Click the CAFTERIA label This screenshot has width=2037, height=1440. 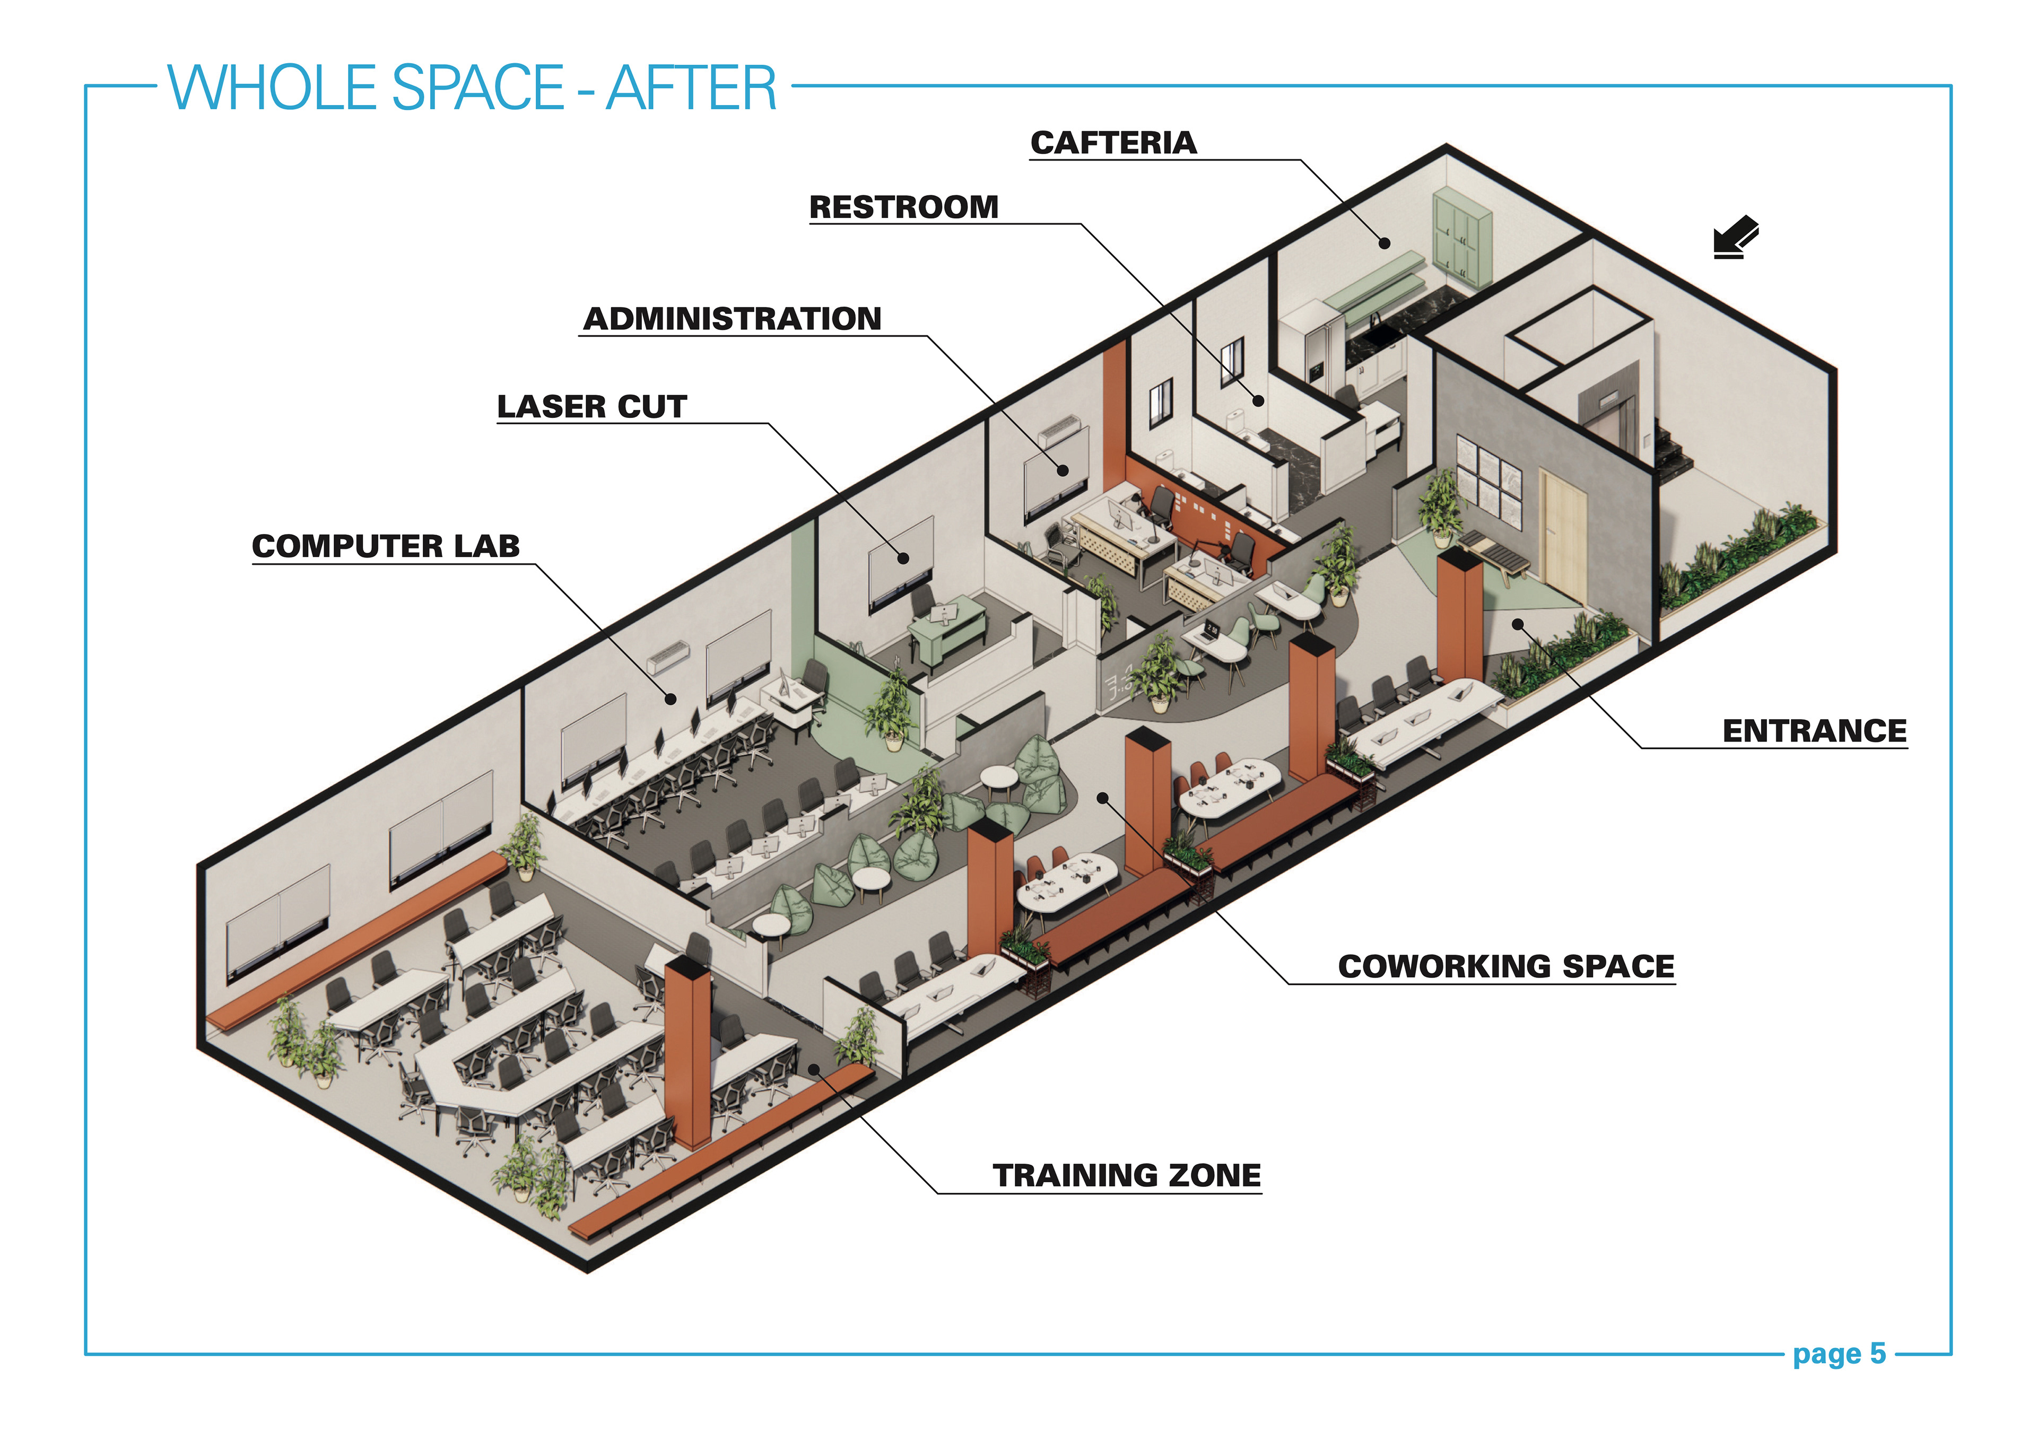pos(1113,143)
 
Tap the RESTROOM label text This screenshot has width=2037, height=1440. pos(904,207)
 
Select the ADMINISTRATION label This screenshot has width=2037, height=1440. pos(733,319)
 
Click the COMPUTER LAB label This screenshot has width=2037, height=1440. pos(386,546)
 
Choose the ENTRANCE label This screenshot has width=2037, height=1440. pos(1814,731)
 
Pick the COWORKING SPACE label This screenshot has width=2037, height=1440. pos(1505,966)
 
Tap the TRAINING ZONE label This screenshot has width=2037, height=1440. pos(1127,1175)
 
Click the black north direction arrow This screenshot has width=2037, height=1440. pos(1735,238)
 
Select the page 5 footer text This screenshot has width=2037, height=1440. pos(1839,1355)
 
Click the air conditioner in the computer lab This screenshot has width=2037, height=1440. pos(667,657)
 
